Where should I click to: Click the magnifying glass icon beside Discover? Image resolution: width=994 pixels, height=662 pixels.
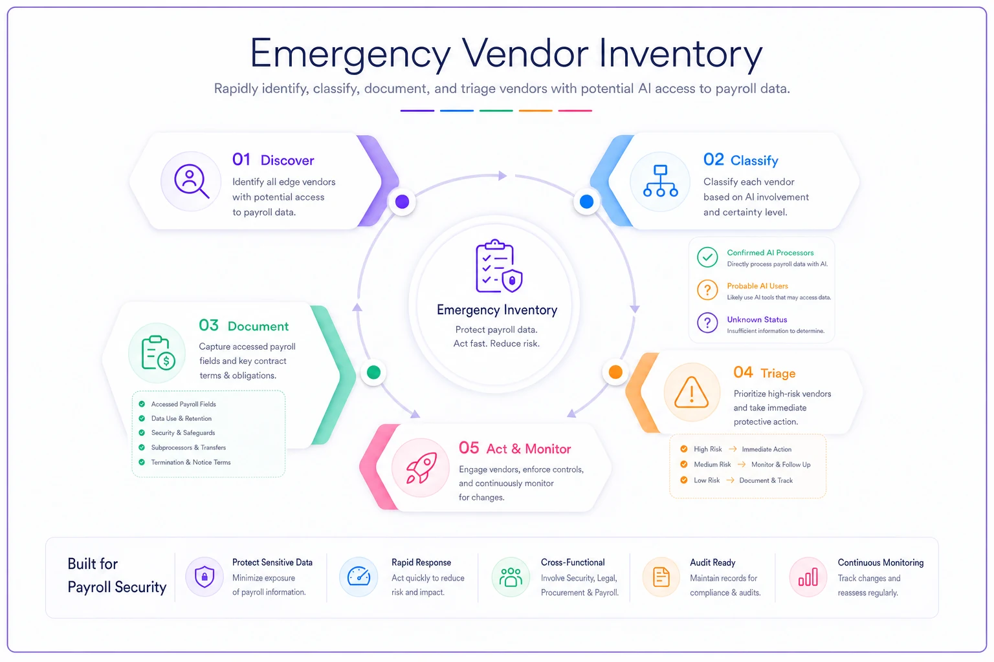point(192,181)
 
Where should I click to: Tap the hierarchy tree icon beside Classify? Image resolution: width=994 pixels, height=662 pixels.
point(660,181)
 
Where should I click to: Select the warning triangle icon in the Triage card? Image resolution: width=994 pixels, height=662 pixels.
point(691,392)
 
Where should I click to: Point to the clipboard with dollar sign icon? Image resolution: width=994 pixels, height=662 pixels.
point(158,353)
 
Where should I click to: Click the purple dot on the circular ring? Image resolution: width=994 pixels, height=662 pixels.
point(402,202)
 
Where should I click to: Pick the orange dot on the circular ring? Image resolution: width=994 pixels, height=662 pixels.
point(615,372)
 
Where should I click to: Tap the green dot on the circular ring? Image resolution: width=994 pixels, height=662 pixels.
point(373,372)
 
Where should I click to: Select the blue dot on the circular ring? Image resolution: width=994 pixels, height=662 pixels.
point(587,202)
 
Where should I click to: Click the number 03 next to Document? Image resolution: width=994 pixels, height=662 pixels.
point(208,325)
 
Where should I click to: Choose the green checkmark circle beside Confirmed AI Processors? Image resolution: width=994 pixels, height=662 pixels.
point(707,257)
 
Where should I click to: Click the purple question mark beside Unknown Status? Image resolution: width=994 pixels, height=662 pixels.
point(707,323)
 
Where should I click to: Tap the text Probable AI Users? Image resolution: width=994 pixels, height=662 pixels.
point(758,286)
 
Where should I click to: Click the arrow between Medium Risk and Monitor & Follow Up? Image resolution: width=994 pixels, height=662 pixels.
point(741,465)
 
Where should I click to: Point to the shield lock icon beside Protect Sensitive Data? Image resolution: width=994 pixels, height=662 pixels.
point(204,577)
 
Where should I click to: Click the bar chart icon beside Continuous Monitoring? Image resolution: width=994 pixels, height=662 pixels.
point(808,577)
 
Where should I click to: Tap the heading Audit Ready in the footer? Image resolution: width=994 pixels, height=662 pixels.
point(712,562)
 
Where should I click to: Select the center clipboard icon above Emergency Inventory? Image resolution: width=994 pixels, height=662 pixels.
point(499,266)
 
